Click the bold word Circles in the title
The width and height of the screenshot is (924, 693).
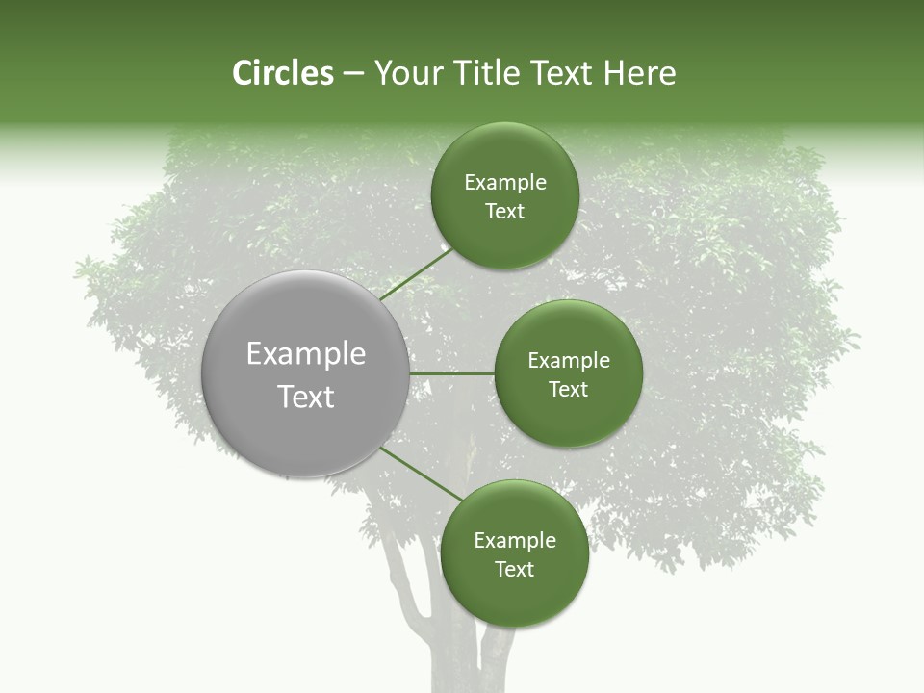pyautogui.click(x=282, y=73)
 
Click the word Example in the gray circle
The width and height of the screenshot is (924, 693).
pyautogui.click(x=306, y=354)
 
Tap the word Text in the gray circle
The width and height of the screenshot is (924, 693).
pyautogui.click(x=306, y=397)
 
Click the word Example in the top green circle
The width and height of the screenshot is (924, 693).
pyautogui.click(x=505, y=183)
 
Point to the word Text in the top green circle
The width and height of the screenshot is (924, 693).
pyautogui.click(x=504, y=212)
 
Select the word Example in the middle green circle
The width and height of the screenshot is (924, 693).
pyautogui.click(x=569, y=361)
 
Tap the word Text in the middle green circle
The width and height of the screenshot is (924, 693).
pyautogui.click(x=568, y=390)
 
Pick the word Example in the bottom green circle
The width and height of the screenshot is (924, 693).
pyautogui.click(x=515, y=541)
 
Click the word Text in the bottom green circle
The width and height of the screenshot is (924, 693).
pyautogui.click(x=514, y=570)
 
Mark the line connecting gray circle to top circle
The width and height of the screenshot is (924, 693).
pyautogui.click(x=416, y=273)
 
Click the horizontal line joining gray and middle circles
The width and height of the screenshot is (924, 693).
pyautogui.click(x=451, y=373)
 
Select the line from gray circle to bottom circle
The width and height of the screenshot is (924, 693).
pyautogui.click(x=422, y=473)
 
